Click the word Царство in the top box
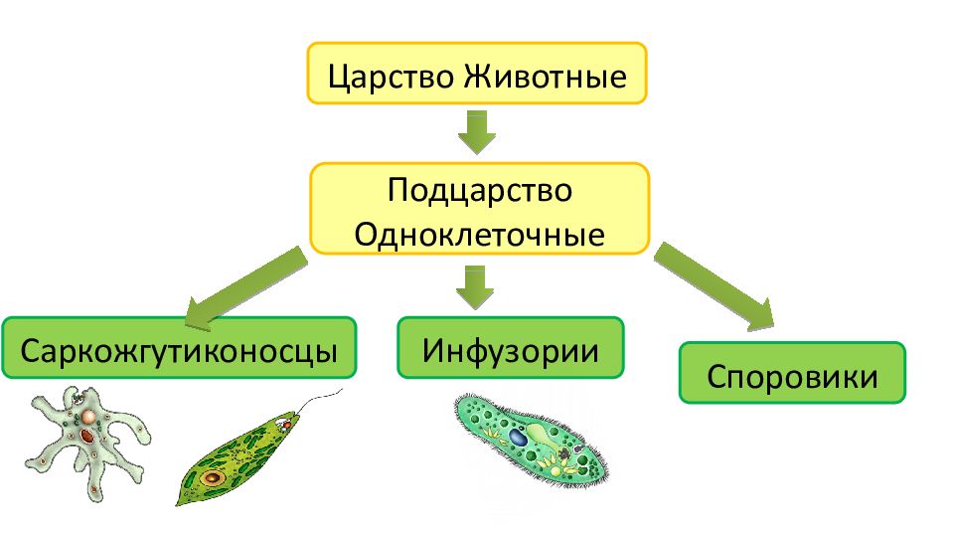tap(393, 78)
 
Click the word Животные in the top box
tap(546, 78)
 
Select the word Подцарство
tap(479, 191)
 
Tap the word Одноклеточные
tap(479, 235)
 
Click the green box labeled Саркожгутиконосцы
tap(179, 348)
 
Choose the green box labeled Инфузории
tap(511, 348)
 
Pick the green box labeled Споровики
tap(792, 373)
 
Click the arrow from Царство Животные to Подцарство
tap(476, 132)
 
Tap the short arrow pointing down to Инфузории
tap(475, 287)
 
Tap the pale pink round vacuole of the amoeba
tap(88, 417)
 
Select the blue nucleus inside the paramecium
tap(518, 438)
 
